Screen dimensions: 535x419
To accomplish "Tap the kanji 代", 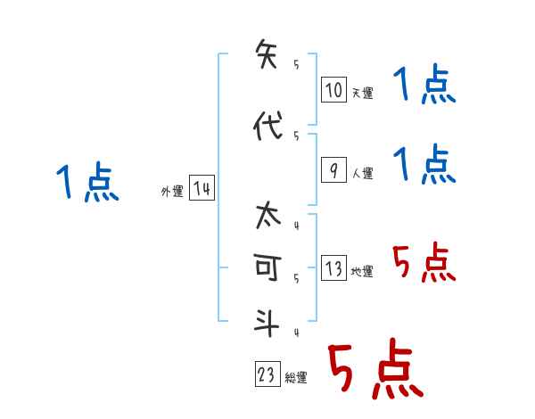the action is click(267, 127).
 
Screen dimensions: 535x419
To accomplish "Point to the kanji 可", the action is click(267, 269).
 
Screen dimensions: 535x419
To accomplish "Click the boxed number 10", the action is click(333, 91).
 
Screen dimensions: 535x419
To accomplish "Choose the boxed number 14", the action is click(202, 189).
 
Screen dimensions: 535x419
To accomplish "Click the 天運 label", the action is click(361, 93).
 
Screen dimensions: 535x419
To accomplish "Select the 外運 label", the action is click(172, 191).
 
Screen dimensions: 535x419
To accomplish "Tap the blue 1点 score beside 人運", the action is click(424, 165).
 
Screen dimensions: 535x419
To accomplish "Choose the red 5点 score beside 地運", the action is click(424, 263).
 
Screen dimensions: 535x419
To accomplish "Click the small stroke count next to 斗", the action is click(295, 333).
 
